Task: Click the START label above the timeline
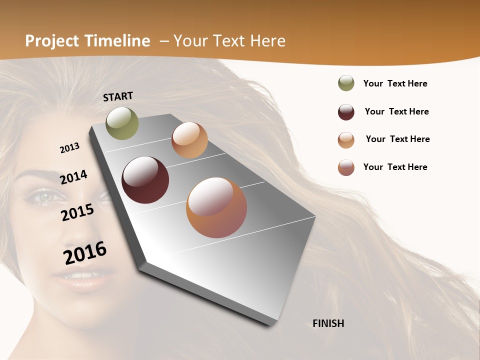pyautogui.click(x=118, y=96)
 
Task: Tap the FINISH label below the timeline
pyautogui.click(x=328, y=323)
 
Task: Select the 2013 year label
pyautogui.click(x=70, y=147)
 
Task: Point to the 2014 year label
pyautogui.click(x=73, y=177)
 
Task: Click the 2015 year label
pyautogui.click(x=77, y=212)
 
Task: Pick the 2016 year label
pyautogui.click(x=85, y=252)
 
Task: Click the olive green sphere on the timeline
pyautogui.click(x=122, y=123)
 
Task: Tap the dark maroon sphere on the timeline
pyautogui.click(x=145, y=179)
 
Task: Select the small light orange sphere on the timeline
pyautogui.click(x=189, y=140)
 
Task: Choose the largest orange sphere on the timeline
pyautogui.click(x=216, y=207)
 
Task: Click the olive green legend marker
pyautogui.click(x=346, y=83)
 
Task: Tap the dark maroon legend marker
pyautogui.click(x=346, y=112)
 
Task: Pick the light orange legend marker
pyautogui.click(x=346, y=140)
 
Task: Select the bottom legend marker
pyautogui.click(x=346, y=167)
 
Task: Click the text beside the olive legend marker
pyautogui.click(x=395, y=83)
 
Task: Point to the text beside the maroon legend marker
pyautogui.click(x=396, y=111)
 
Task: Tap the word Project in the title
pyautogui.click(x=52, y=41)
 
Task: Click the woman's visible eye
pyautogui.click(x=45, y=197)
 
